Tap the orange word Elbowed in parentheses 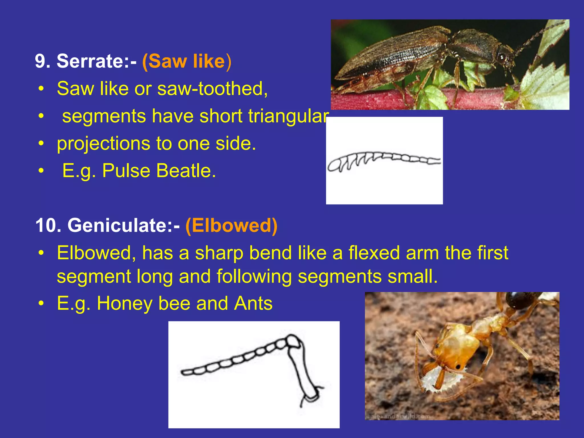pyautogui.click(x=231, y=225)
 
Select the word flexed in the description pyautogui.click(x=374, y=253)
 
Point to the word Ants pyautogui.click(x=253, y=303)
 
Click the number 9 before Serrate pyautogui.click(x=40, y=61)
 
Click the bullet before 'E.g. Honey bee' pyautogui.click(x=42, y=303)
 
